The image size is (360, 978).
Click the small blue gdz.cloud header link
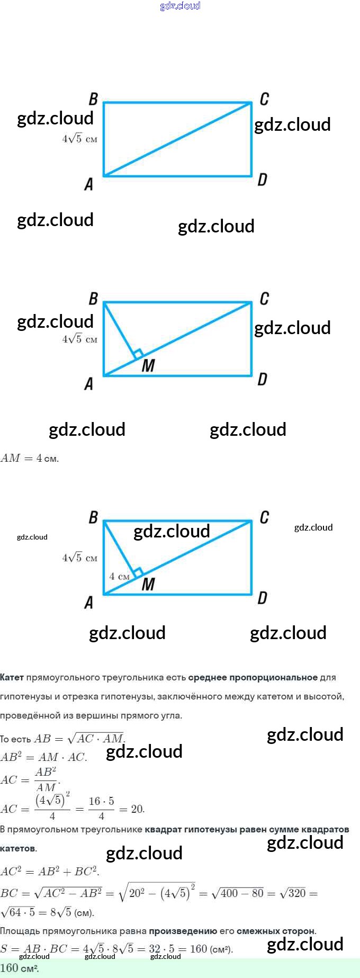(x=180, y=6)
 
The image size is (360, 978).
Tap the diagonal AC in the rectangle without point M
(x=177, y=139)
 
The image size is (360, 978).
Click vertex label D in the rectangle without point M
(x=262, y=180)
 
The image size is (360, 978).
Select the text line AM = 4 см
(x=30, y=459)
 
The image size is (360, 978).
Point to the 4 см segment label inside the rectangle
(x=119, y=576)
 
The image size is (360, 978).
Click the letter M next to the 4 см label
(x=148, y=584)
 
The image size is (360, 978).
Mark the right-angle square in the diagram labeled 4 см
(x=138, y=572)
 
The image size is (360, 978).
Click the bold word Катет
(x=12, y=677)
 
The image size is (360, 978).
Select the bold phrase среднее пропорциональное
(x=253, y=677)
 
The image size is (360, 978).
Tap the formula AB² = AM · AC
(x=43, y=757)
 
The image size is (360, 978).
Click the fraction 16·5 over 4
(x=101, y=808)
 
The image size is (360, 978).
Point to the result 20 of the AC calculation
(x=138, y=809)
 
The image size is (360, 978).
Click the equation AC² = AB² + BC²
(x=49, y=871)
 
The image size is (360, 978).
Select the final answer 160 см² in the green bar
(x=20, y=968)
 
